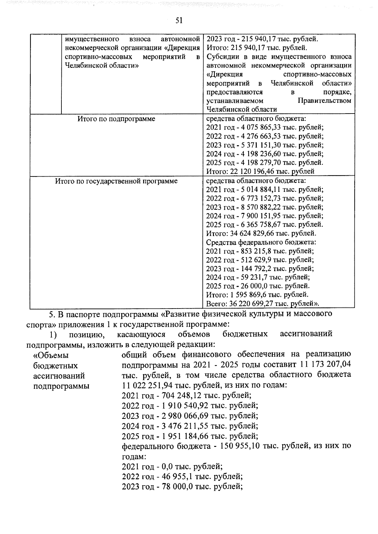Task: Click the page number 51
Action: click(179, 20)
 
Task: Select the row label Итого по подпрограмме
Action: click(116, 119)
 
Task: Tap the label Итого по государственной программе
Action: click(116, 181)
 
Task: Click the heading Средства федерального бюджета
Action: click(261, 242)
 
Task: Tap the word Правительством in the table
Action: click(324, 101)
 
